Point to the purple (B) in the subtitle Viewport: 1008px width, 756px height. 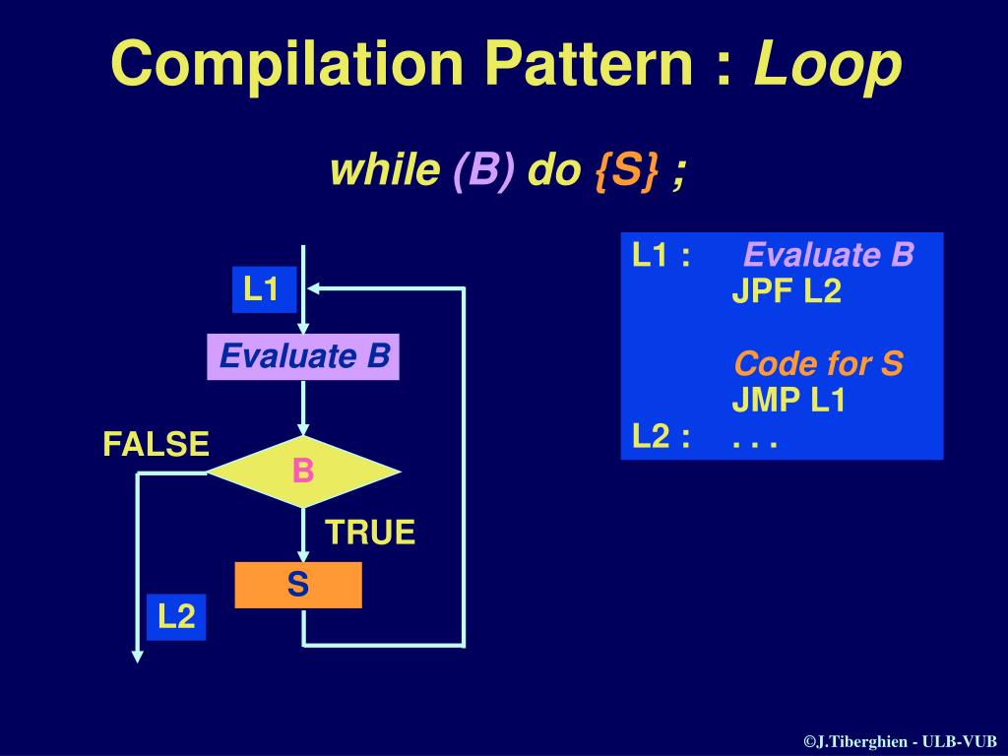(483, 171)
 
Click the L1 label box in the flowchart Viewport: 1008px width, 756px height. (263, 289)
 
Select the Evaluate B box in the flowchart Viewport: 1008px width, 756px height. (303, 356)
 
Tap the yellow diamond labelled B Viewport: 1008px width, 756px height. (303, 472)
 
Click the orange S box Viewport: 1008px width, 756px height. (298, 585)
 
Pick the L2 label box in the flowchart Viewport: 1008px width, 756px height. (177, 617)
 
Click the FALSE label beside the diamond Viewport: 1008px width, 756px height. (157, 445)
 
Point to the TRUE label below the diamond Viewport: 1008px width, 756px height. (370, 534)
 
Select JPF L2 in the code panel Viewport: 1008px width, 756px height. (786, 292)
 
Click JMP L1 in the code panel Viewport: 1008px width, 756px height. (788, 401)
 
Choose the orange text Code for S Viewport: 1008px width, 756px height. (818, 364)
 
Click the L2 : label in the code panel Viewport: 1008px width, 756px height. (661, 436)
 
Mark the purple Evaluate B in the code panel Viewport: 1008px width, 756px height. (829, 256)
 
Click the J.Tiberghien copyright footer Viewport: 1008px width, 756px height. (900, 741)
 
